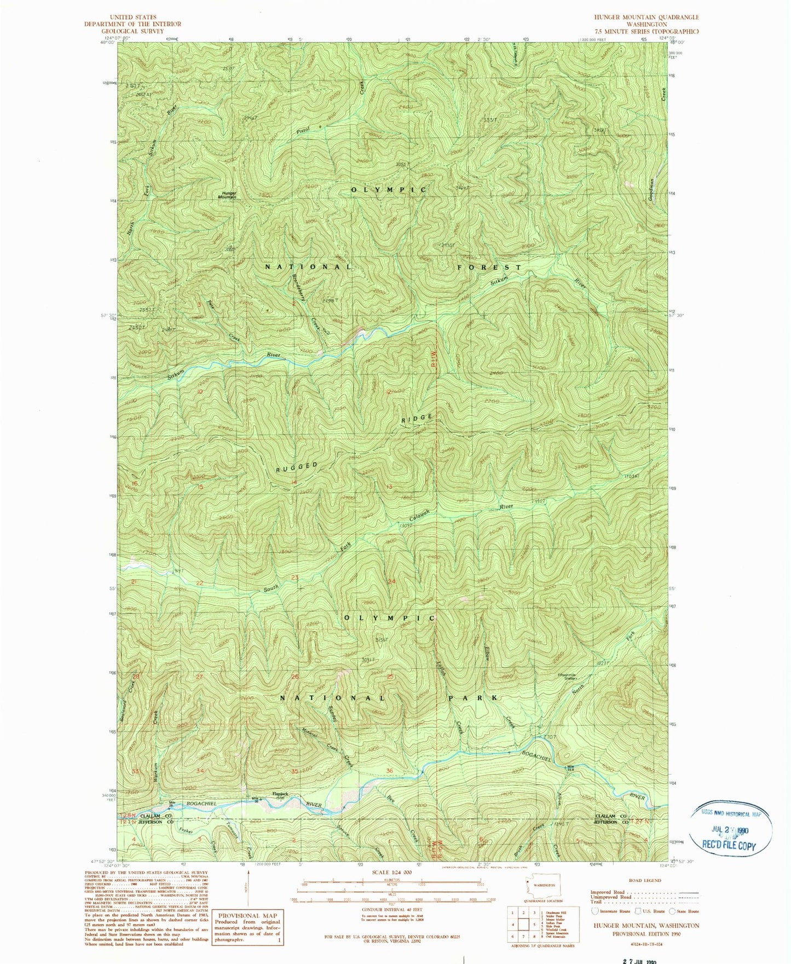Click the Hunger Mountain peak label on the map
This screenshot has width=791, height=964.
(229, 194)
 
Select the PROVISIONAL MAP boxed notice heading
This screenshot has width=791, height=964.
(248, 915)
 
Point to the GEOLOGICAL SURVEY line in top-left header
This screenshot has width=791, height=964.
(132, 31)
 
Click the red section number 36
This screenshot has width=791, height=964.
(390, 771)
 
